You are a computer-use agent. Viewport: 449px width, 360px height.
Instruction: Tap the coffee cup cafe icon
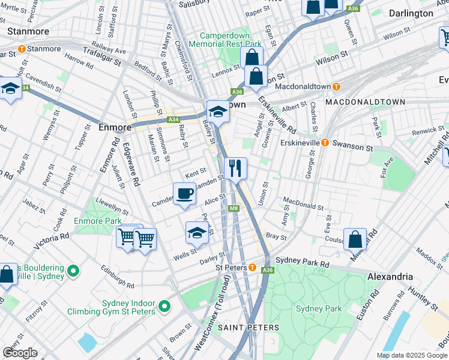184,194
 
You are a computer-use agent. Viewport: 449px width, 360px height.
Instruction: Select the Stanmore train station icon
22,49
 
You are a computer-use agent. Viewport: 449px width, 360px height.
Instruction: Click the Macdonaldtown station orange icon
337,86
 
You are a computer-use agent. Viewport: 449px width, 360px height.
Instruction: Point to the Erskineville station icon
325,142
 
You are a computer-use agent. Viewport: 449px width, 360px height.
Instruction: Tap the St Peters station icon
253,268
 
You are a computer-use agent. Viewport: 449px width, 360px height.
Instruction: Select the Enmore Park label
97,221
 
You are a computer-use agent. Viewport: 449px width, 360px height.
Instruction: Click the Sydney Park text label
319,308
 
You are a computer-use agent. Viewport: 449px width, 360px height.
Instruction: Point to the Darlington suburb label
411,13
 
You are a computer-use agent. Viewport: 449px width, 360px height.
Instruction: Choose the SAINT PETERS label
248,328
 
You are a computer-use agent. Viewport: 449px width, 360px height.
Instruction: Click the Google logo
20,353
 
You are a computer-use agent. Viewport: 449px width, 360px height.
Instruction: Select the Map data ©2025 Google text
412,355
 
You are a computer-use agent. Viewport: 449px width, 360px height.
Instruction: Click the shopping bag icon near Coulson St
355,238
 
